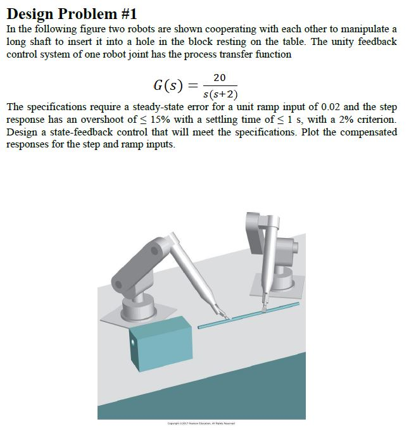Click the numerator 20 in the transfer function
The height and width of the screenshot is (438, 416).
click(219, 77)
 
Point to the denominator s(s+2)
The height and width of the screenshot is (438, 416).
click(219, 96)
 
